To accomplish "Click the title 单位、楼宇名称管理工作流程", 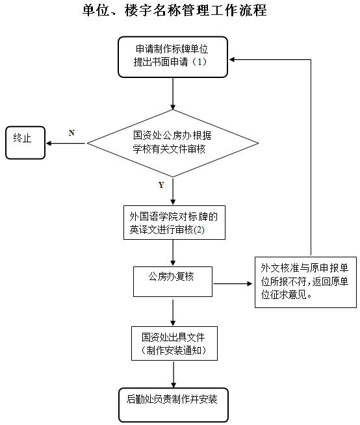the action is point(175,10).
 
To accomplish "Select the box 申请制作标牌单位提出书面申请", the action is point(173,57).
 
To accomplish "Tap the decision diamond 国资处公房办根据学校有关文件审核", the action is point(173,143).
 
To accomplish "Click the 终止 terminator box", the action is point(25,142).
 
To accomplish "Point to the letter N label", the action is point(71,133).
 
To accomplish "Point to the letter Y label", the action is point(161,185).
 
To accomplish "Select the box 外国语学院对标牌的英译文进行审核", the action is point(174,222).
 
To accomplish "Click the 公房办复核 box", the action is point(173,281).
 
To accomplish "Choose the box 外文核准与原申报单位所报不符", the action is point(305,282).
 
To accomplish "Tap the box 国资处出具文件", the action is point(174,343).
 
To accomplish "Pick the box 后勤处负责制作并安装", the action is point(174,405).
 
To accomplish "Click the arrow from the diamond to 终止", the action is point(66,143).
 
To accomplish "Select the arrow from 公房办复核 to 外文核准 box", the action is point(233,284).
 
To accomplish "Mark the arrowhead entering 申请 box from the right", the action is point(232,59).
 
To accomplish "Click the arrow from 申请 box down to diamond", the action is point(173,94).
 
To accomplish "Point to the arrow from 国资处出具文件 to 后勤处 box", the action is point(174,374).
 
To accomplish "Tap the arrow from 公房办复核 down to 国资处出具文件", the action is point(173,313).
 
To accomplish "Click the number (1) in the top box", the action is point(199,62).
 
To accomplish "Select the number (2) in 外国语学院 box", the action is point(199,230).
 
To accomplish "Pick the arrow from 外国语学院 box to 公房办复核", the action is point(173,253).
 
